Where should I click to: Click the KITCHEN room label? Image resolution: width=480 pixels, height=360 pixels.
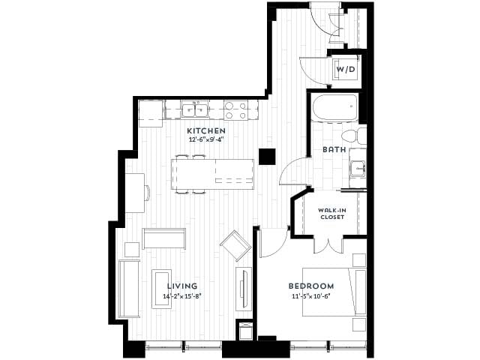pyautogui.click(x=205, y=130)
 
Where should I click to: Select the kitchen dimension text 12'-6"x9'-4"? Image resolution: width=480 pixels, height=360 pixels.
pyautogui.click(x=205, y=139)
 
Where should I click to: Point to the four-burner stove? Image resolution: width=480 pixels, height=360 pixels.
pyautogui.click(x=237, y=111)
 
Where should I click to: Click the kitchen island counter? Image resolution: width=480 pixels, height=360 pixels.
pyautogui.click(x=214, y=174)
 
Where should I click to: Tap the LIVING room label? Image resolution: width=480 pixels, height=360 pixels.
pyautogui.click(x=181, y=286)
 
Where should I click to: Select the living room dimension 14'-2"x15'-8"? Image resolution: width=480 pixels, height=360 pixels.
pyautogui.click(x=181, y=295)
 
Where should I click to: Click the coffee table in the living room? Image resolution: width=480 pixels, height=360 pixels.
pyautogui.click(x=162, y=285)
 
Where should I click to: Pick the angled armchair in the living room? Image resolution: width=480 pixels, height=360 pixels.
pyautogui.click(x=235, y=245)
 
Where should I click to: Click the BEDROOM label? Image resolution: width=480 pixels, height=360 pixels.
pyautogui.click(x=311, y=286)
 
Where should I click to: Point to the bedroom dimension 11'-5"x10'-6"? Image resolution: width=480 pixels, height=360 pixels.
pyautogui.click(x=311, y=295)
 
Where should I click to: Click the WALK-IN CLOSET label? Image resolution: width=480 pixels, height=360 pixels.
pyautogui.click(x=331, y=214)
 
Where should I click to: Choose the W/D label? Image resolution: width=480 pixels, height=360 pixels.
pyautogui.click(x=345, y=70)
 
